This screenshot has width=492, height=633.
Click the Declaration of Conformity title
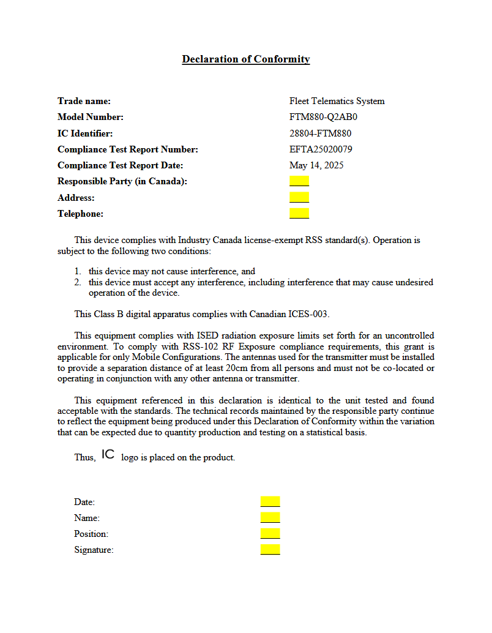coord(245,59)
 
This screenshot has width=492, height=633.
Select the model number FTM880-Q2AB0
coord(323,117)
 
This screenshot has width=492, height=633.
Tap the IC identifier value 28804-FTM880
coord(320,133)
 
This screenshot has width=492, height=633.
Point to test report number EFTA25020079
coord(321,149)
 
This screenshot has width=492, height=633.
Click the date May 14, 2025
coord(316,165)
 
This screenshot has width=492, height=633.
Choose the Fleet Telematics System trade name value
coord(337,101)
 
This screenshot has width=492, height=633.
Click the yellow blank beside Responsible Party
coord(299,181)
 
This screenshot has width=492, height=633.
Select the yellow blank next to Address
coord(299,197)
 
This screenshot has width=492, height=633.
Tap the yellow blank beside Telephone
coord(299,213)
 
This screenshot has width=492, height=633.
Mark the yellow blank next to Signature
coord(270,550)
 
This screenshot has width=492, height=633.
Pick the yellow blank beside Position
coord(270,534)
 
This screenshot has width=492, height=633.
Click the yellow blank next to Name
coord(270,518)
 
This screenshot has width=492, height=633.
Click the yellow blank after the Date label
coord(270,502)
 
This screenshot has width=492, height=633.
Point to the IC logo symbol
coord(108,454)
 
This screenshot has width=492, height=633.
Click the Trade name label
coord(84,101)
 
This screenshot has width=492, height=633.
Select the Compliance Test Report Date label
coord(120,165)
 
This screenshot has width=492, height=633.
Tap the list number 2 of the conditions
coord(78,282)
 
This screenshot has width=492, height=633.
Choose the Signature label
coord(94,550)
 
